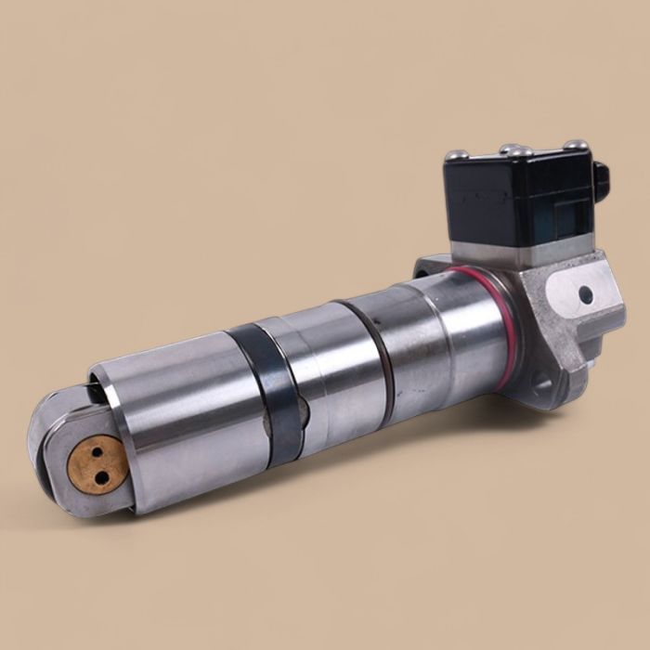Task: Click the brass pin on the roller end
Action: (96, 463)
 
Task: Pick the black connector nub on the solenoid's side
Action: (601, 181)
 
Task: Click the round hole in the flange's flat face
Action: (585, 295)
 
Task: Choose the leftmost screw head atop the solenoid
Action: (454, 156)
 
